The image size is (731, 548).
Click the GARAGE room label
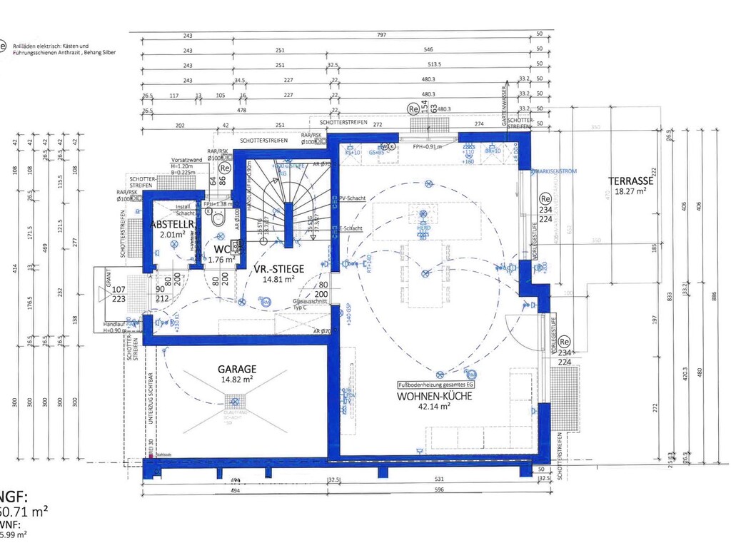[238, 369]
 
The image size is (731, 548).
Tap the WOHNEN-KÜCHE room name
[424, 395]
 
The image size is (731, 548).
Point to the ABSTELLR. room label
[168, 225]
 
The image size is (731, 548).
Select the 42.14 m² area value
[434, 406]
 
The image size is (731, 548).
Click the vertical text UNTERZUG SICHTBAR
[151, 400]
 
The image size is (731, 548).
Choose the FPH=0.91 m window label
[428, 146]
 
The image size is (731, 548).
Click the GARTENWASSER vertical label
[505, 111]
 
